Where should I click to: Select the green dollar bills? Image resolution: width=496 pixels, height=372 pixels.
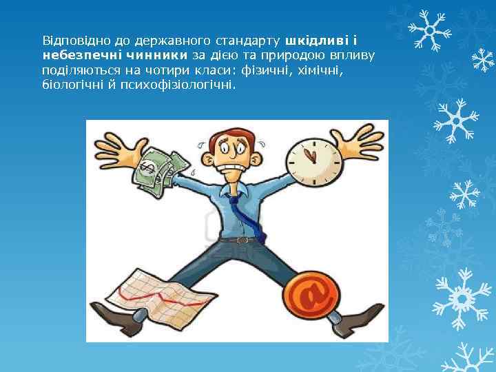[160, 169]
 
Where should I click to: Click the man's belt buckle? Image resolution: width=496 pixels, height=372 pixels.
[242, 240]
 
